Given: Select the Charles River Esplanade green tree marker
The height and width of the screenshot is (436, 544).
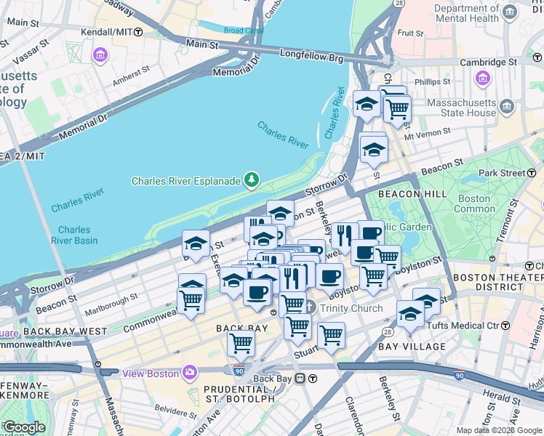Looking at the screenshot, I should (x=252, y=179).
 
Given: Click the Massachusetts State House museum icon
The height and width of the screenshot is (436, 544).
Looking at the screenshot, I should (x=507, y=106).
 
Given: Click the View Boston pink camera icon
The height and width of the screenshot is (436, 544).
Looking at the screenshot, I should (x=190, y=373).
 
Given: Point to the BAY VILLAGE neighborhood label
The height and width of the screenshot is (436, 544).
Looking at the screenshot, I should (x=411, y=347).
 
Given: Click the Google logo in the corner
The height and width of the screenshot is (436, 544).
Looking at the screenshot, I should (x=23, y=427).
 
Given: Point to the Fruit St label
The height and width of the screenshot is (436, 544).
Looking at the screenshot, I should (x=410, y=33).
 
